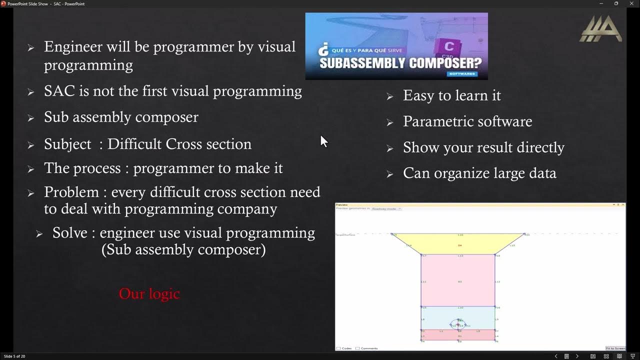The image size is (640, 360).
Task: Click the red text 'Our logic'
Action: (149, 293)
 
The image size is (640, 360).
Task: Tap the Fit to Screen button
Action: (615, 348)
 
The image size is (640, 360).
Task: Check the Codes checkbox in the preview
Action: (338, 348)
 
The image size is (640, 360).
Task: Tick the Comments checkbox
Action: (357, 348)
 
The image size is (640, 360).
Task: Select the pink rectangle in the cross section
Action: (457, 280)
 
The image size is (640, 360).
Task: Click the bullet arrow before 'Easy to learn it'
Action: (390, 96)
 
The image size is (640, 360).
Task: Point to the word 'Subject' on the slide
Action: (67, 144)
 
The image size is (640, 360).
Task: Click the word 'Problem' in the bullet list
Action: (71, 192)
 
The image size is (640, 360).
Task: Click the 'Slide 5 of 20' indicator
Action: (14, 356)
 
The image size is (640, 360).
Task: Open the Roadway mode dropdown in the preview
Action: (386, 208)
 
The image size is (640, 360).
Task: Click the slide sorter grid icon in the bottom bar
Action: (606, 356)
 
